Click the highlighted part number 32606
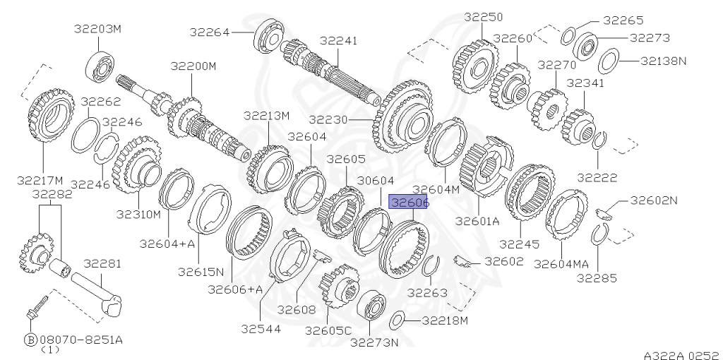tap(408, 202)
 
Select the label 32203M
tap(97, 29)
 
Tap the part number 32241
tap(338, 41)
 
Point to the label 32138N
tap(663, 61)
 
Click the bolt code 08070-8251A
tap(81, 340)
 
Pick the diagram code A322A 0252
tap(683, 355)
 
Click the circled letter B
tap(30, 340)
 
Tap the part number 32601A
tap(477, 221)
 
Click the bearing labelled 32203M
tap(100, 67)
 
